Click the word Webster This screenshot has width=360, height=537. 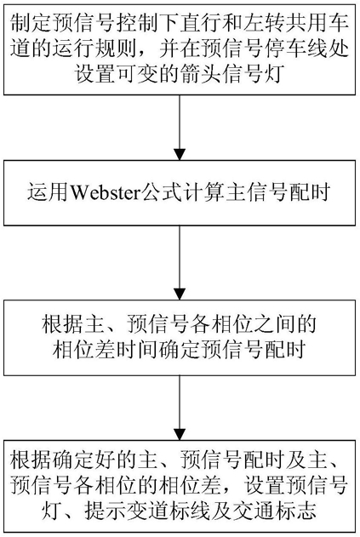tap(105, 192)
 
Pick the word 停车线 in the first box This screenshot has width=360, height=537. tap(286, 49)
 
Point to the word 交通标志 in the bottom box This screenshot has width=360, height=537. tap(273, 511)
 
